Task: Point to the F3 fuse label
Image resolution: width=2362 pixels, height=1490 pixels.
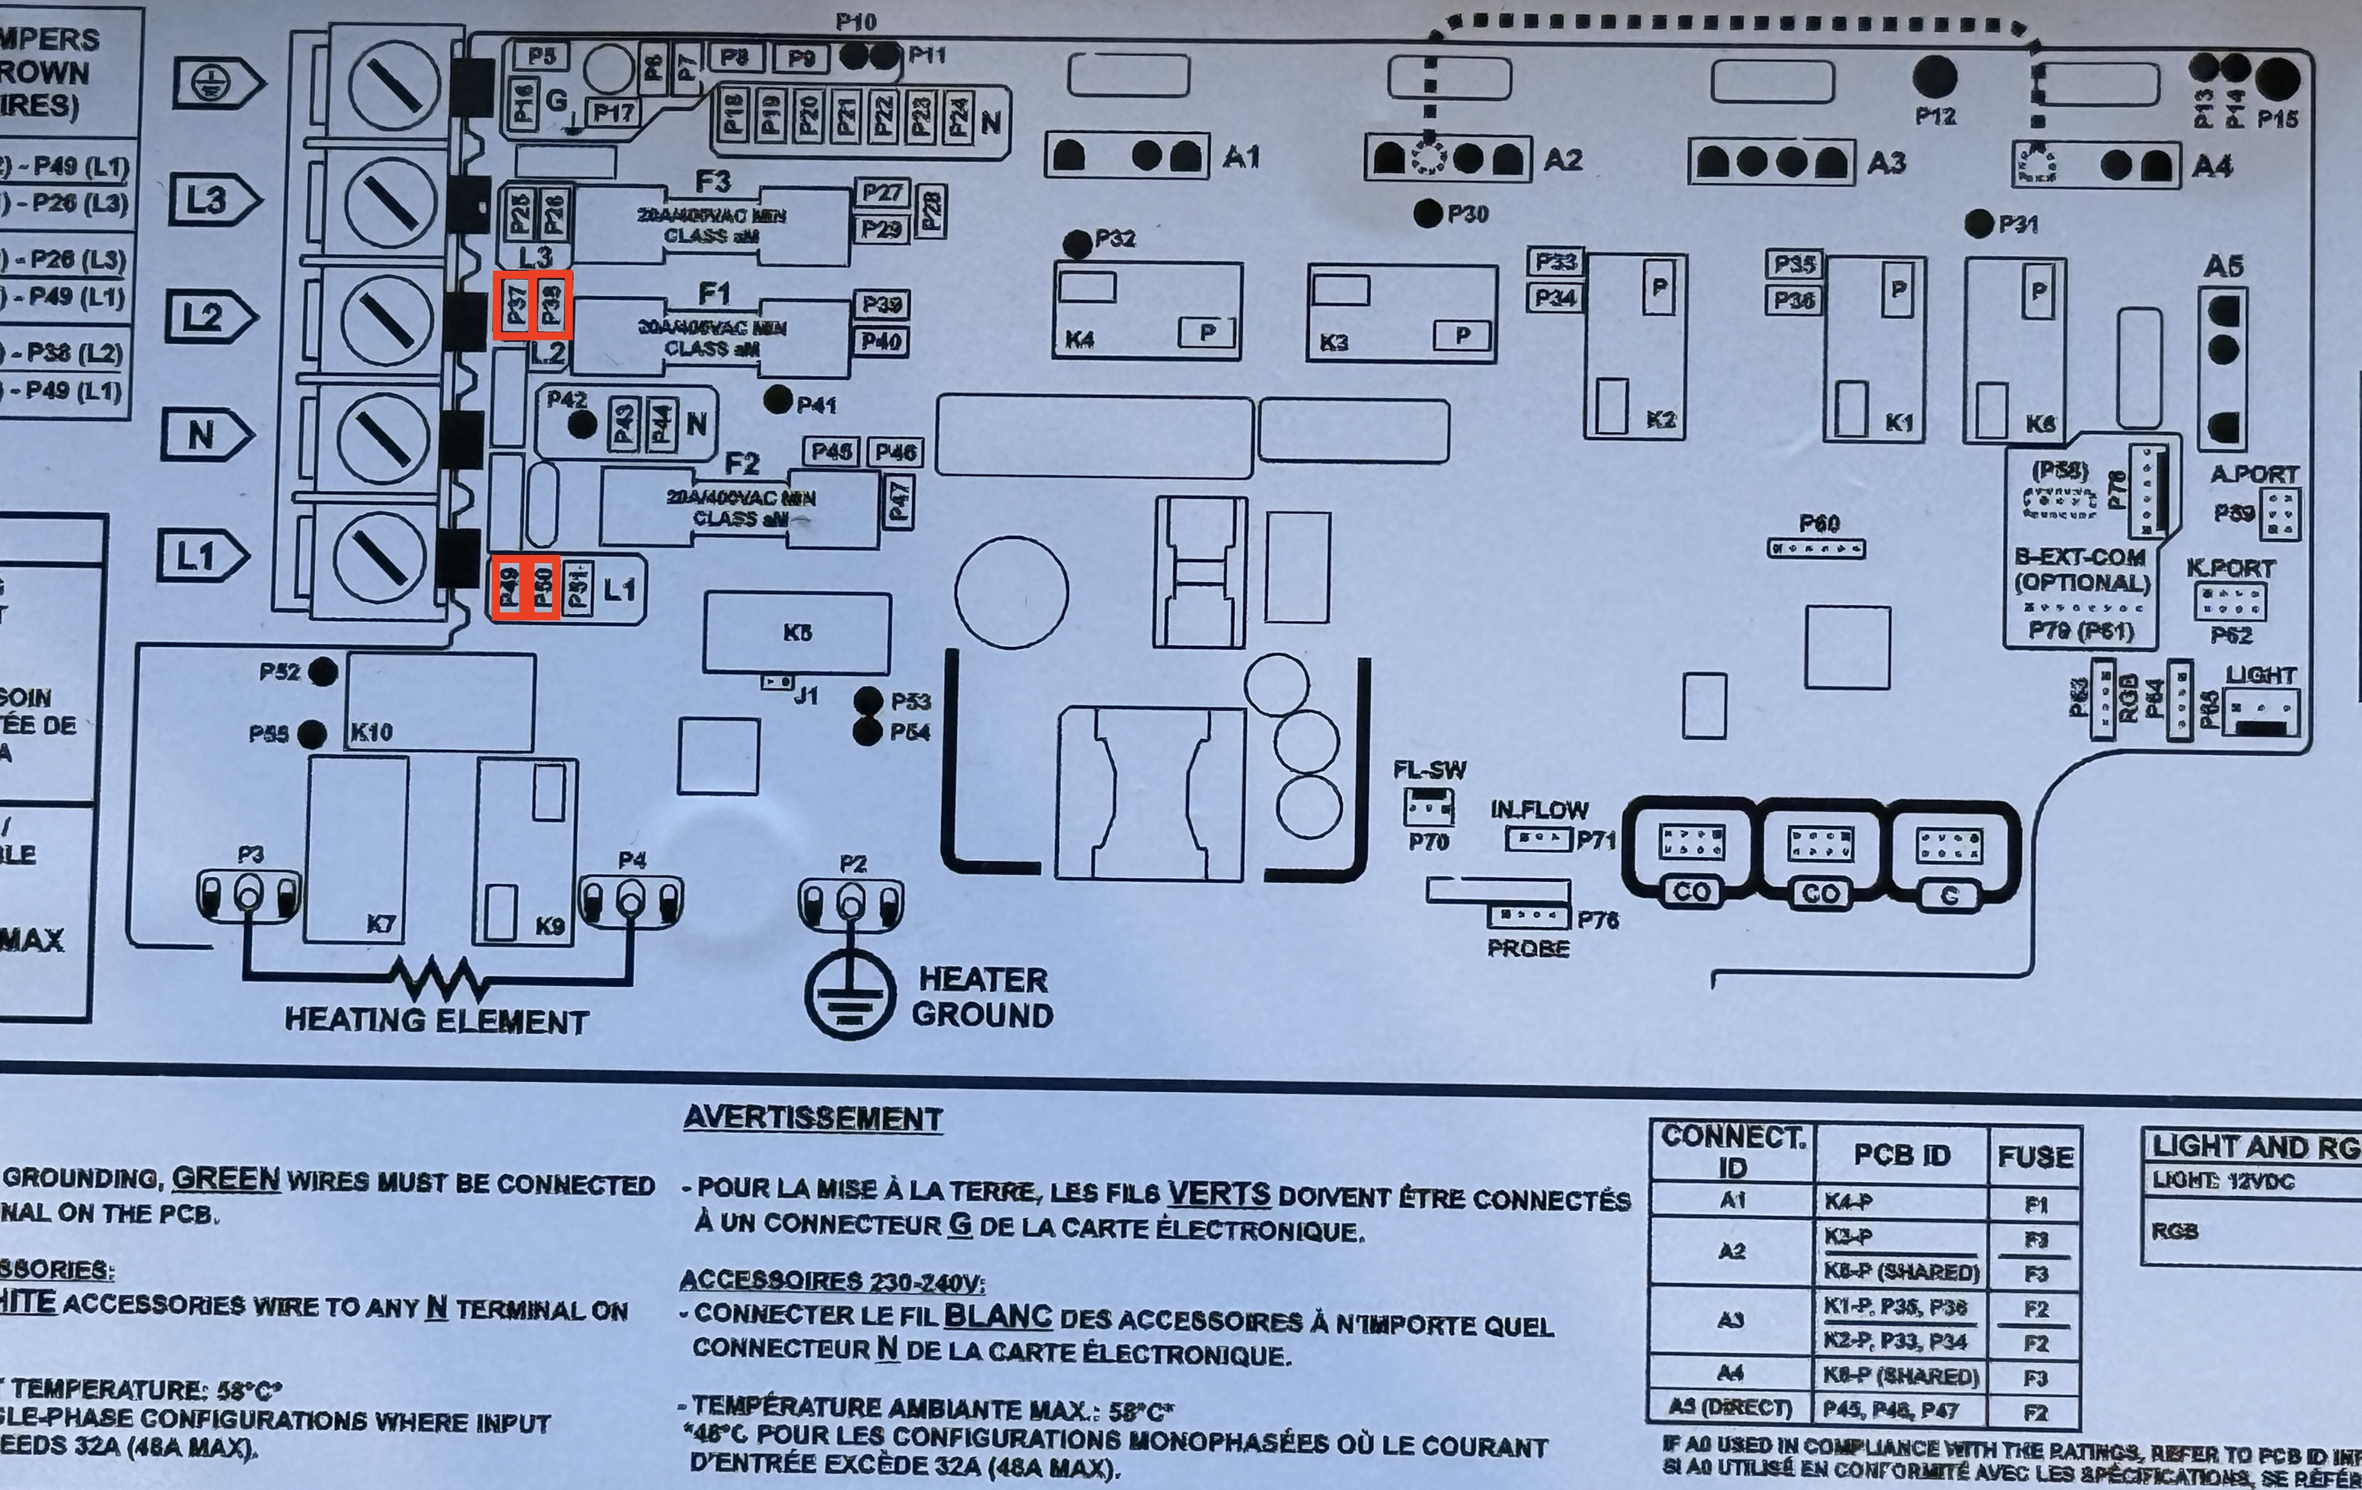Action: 713,182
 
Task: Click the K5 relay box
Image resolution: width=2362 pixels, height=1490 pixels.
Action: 797,633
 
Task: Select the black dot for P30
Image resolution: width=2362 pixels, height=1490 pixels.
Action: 1428,213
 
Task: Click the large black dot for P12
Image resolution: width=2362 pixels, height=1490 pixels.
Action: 1934,77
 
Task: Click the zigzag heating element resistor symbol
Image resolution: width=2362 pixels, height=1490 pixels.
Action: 437,977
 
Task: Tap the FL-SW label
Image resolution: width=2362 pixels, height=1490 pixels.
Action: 1428,770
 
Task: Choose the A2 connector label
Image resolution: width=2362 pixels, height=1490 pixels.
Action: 1563,160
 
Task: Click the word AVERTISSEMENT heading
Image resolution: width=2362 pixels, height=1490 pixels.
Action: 812,1119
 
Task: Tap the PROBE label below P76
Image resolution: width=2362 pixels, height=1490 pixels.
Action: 1527,949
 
